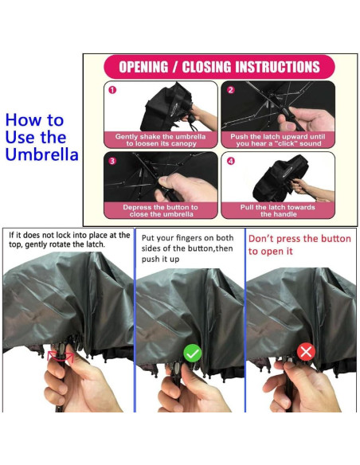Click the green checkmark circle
[193, 353]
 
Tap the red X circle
[306, 352]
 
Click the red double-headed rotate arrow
[61, 356]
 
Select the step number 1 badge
[112, 90]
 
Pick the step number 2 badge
[231, 90]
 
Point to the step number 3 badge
[112, 161]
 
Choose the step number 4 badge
[231, 161]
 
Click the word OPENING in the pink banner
[143, 67]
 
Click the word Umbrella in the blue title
[41, 154]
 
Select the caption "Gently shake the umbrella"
[160, 137]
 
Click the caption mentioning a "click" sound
[278, 140]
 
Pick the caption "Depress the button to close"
[160, 210]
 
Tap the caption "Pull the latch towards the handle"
[278, 210]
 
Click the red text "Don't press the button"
[299, 239]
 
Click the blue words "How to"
[34, 120]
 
